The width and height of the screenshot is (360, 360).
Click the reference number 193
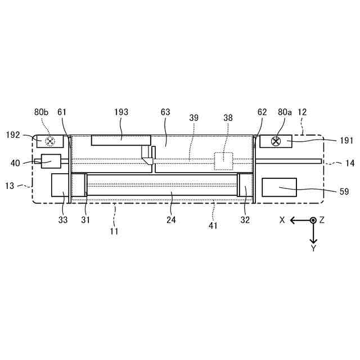[121, 112]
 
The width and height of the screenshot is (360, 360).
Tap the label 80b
[41, 112]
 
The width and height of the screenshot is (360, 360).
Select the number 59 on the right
[344, 191]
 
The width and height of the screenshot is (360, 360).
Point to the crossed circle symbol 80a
[276, 141]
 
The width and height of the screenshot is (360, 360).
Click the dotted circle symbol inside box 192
[50, 141]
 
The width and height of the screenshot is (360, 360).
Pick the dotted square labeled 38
[223, 161]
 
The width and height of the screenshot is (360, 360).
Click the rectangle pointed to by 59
[279, 187]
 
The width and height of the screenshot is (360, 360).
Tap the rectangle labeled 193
[121, 140]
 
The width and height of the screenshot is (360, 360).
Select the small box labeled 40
[51, 161]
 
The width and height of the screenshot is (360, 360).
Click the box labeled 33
[60, 185]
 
